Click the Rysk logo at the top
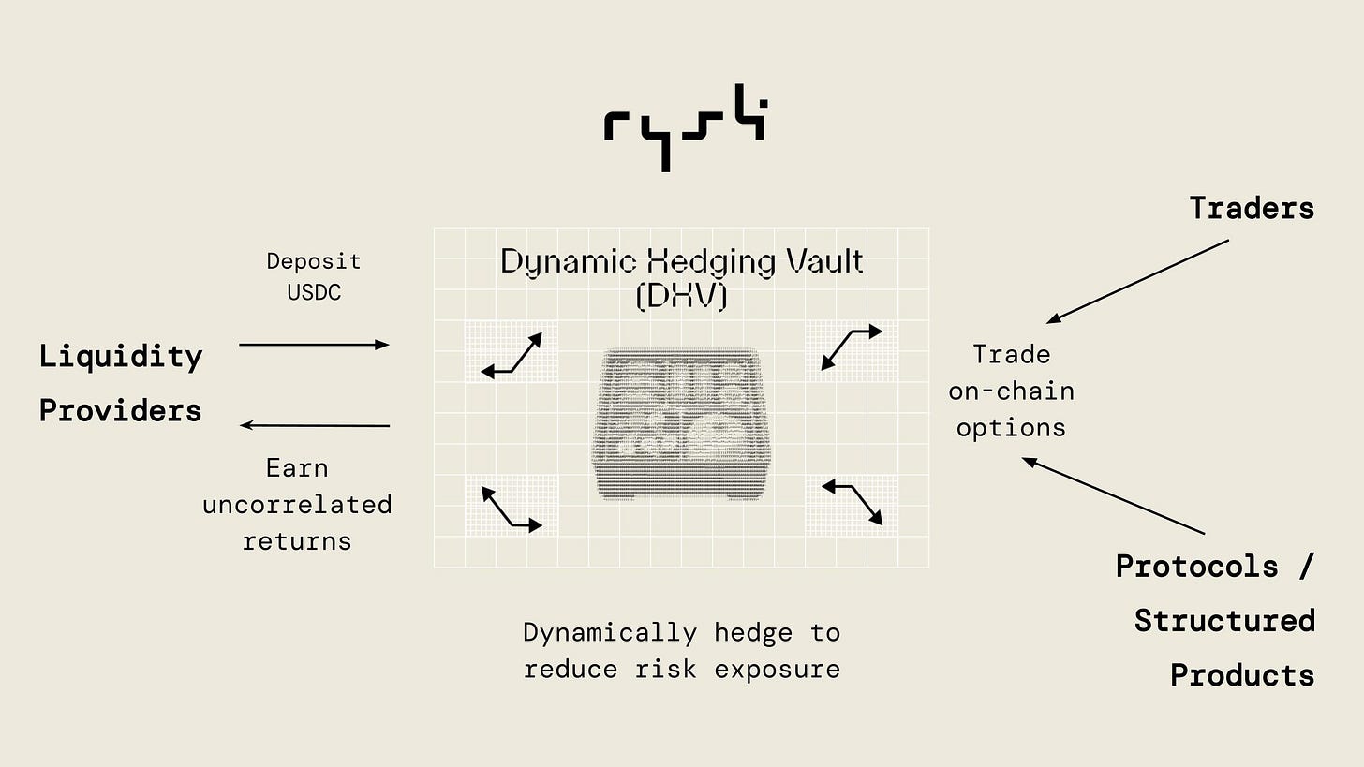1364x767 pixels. [x=684, y=126]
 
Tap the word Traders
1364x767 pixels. [x=1252, y=208]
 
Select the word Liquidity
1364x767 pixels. [x=121, y=357]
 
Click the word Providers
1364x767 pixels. [x=121, y=411]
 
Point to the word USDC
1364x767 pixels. [x=314, y=292]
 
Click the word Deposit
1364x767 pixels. [x=314, y=261]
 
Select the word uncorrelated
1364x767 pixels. [x=297, y=505]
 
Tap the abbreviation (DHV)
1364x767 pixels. [x=682, y=295]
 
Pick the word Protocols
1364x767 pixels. [x=1197, y=567]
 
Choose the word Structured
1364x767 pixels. [x=1224, y=621]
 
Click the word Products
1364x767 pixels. [x=1242, y=675]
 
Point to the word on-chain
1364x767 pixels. [x=1011, y=391]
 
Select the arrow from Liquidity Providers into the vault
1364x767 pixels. [x=314, y=345]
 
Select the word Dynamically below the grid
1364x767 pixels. [x=609, y=634]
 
